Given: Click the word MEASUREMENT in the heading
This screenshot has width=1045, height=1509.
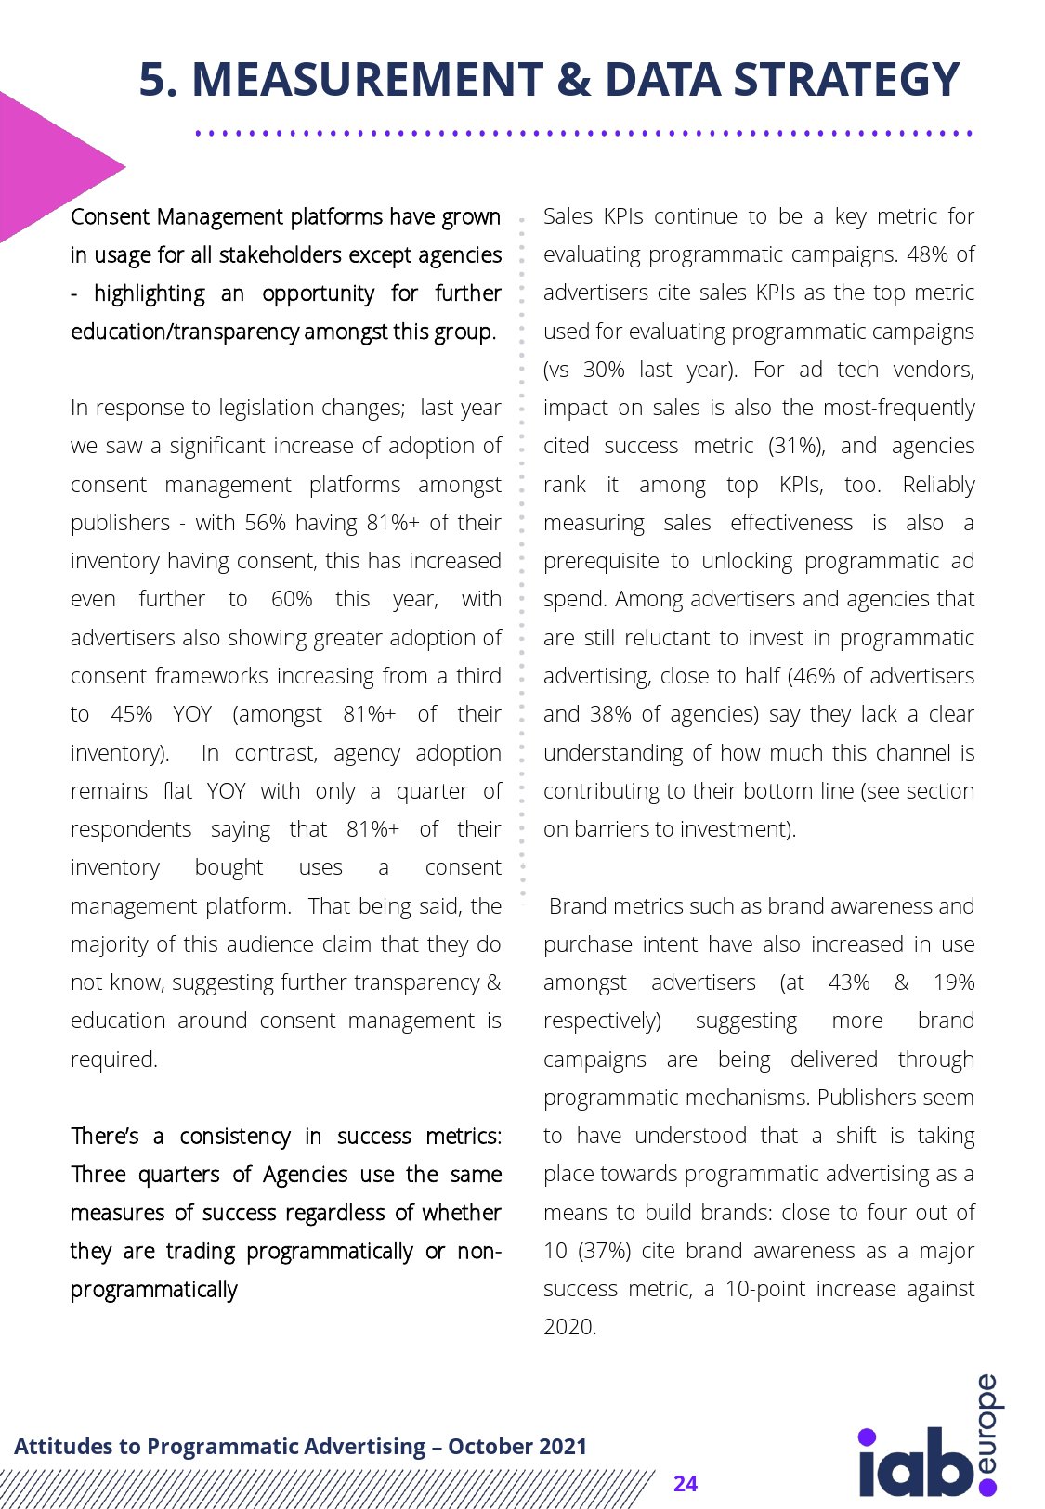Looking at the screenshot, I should click(x=367, y=80).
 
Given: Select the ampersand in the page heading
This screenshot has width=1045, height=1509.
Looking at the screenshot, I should click(x=575, y=80).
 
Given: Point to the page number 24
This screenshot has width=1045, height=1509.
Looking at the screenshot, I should click(x=686, y=1483).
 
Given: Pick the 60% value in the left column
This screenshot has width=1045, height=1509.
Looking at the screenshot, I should click(x=292, y=599).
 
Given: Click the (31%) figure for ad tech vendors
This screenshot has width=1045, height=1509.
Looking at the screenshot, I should click(x=796, y=446).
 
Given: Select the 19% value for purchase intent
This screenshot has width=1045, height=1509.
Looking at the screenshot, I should click(x=954, y=982).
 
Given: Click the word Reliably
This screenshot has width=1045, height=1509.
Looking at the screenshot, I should click(x=938, y=485).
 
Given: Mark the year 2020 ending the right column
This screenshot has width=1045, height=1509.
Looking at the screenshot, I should click(x=568, y=1327).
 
